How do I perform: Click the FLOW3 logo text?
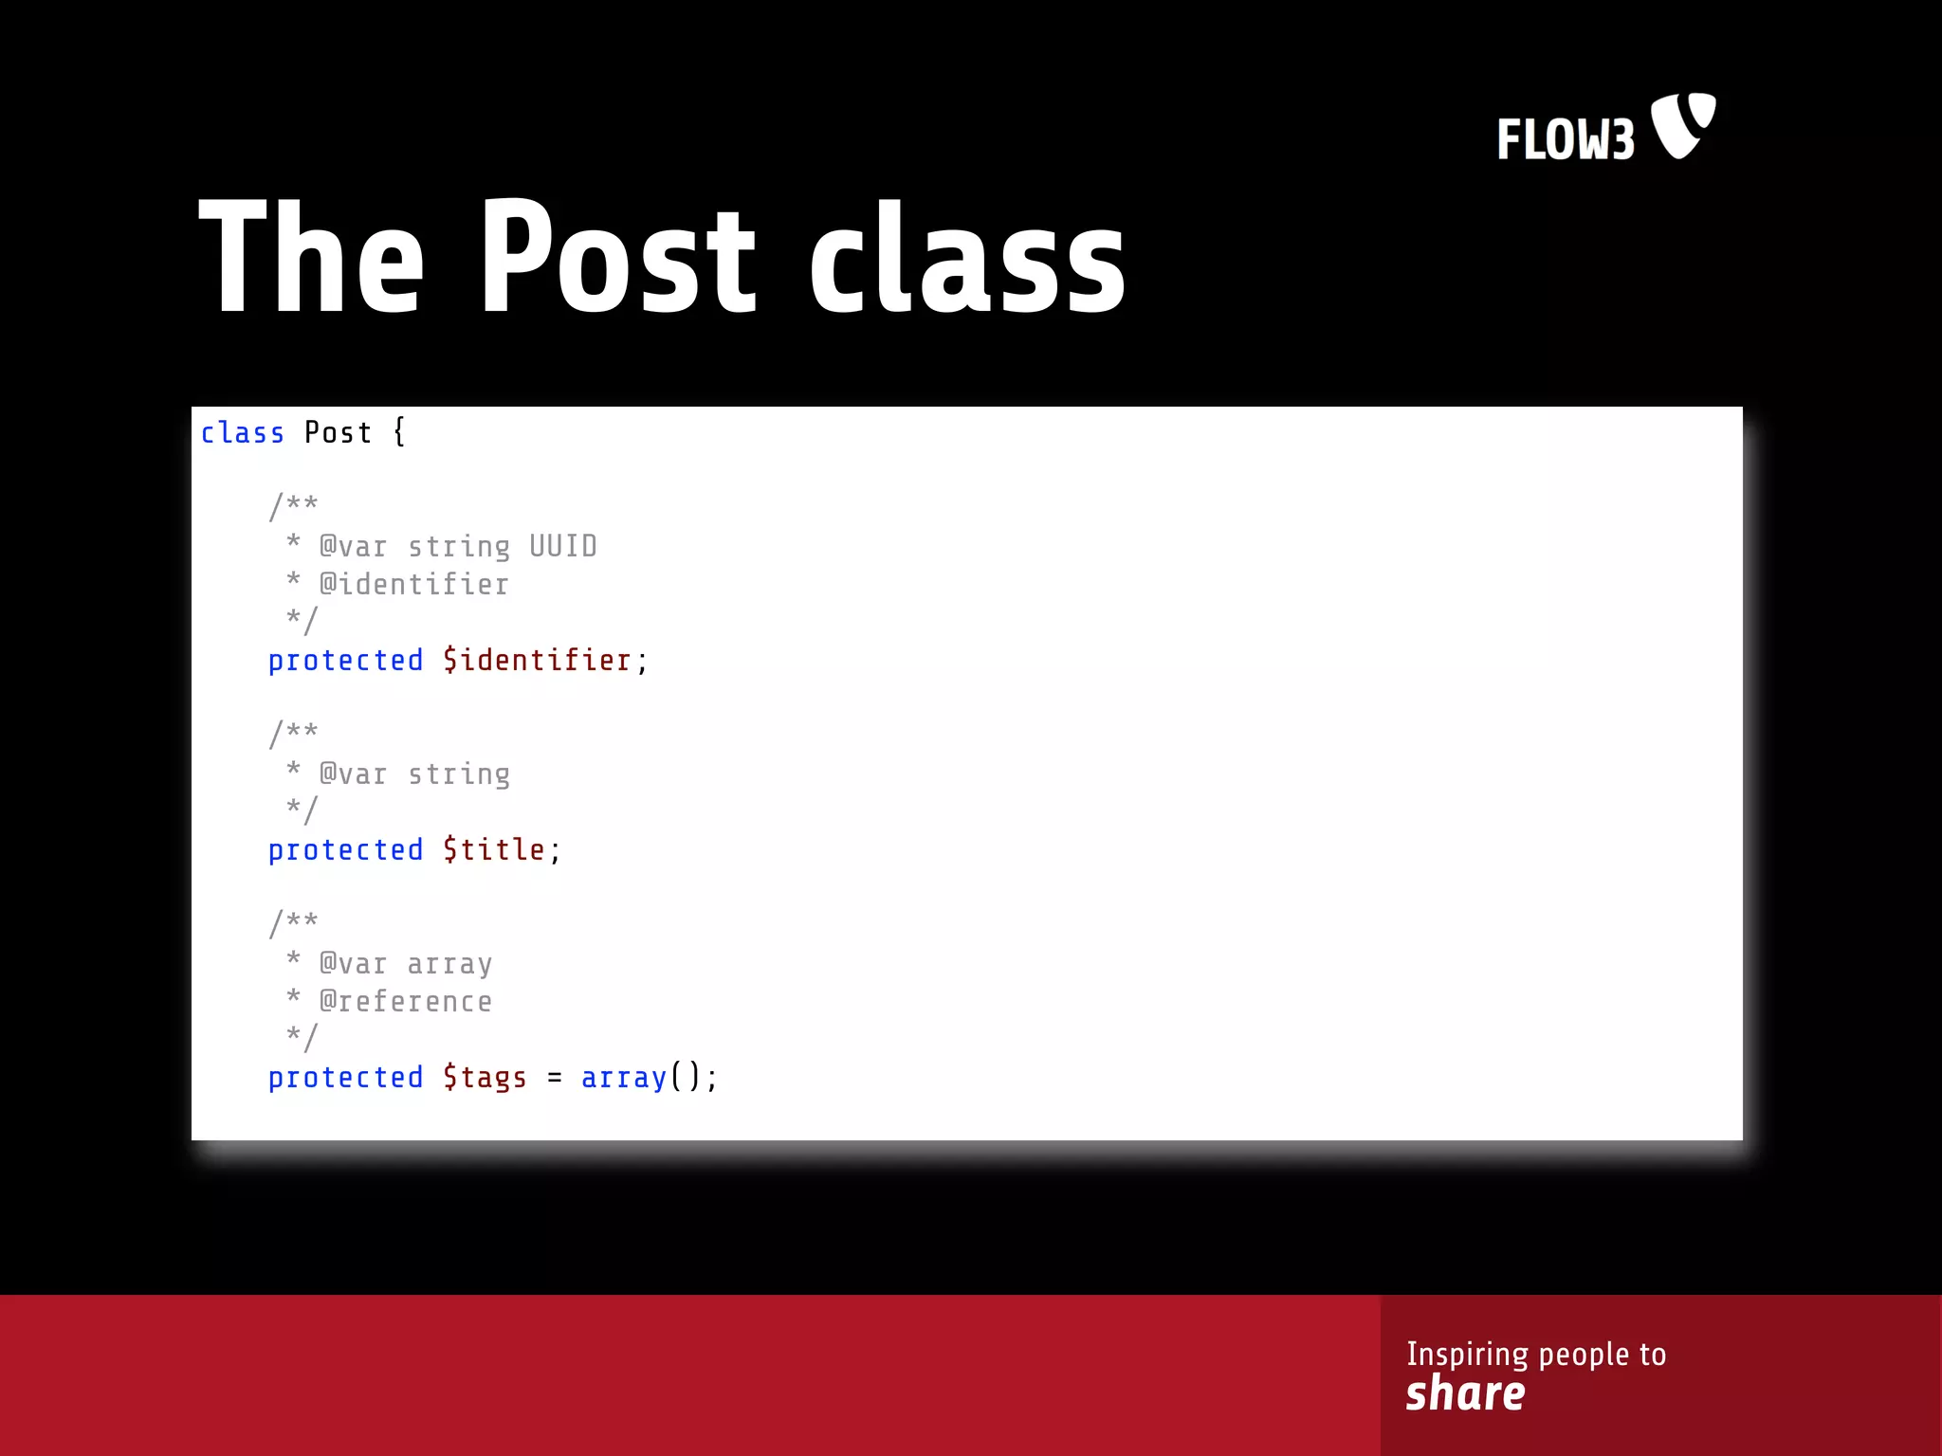click(1566, 139)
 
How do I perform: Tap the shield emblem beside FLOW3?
click(1683, 125)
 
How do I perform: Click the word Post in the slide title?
click(618, 258)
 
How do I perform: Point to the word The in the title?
click(311, 258)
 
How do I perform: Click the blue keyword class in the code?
click(242, 433)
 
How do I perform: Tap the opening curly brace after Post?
click(399, 432)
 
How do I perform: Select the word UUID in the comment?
click(563, 546)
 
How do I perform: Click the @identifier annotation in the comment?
click(414, 584)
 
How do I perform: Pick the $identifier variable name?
click(537, 660)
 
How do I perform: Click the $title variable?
click(494, 849)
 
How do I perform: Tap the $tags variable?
click(485, 1078)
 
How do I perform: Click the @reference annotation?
click(406, 1001)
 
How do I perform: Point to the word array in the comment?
click(449, 964)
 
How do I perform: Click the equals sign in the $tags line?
click(555, 1079)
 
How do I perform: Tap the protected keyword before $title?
click(345, 849)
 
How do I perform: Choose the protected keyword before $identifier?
click(345, 660)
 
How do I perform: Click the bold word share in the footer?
click(1465, 1394)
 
